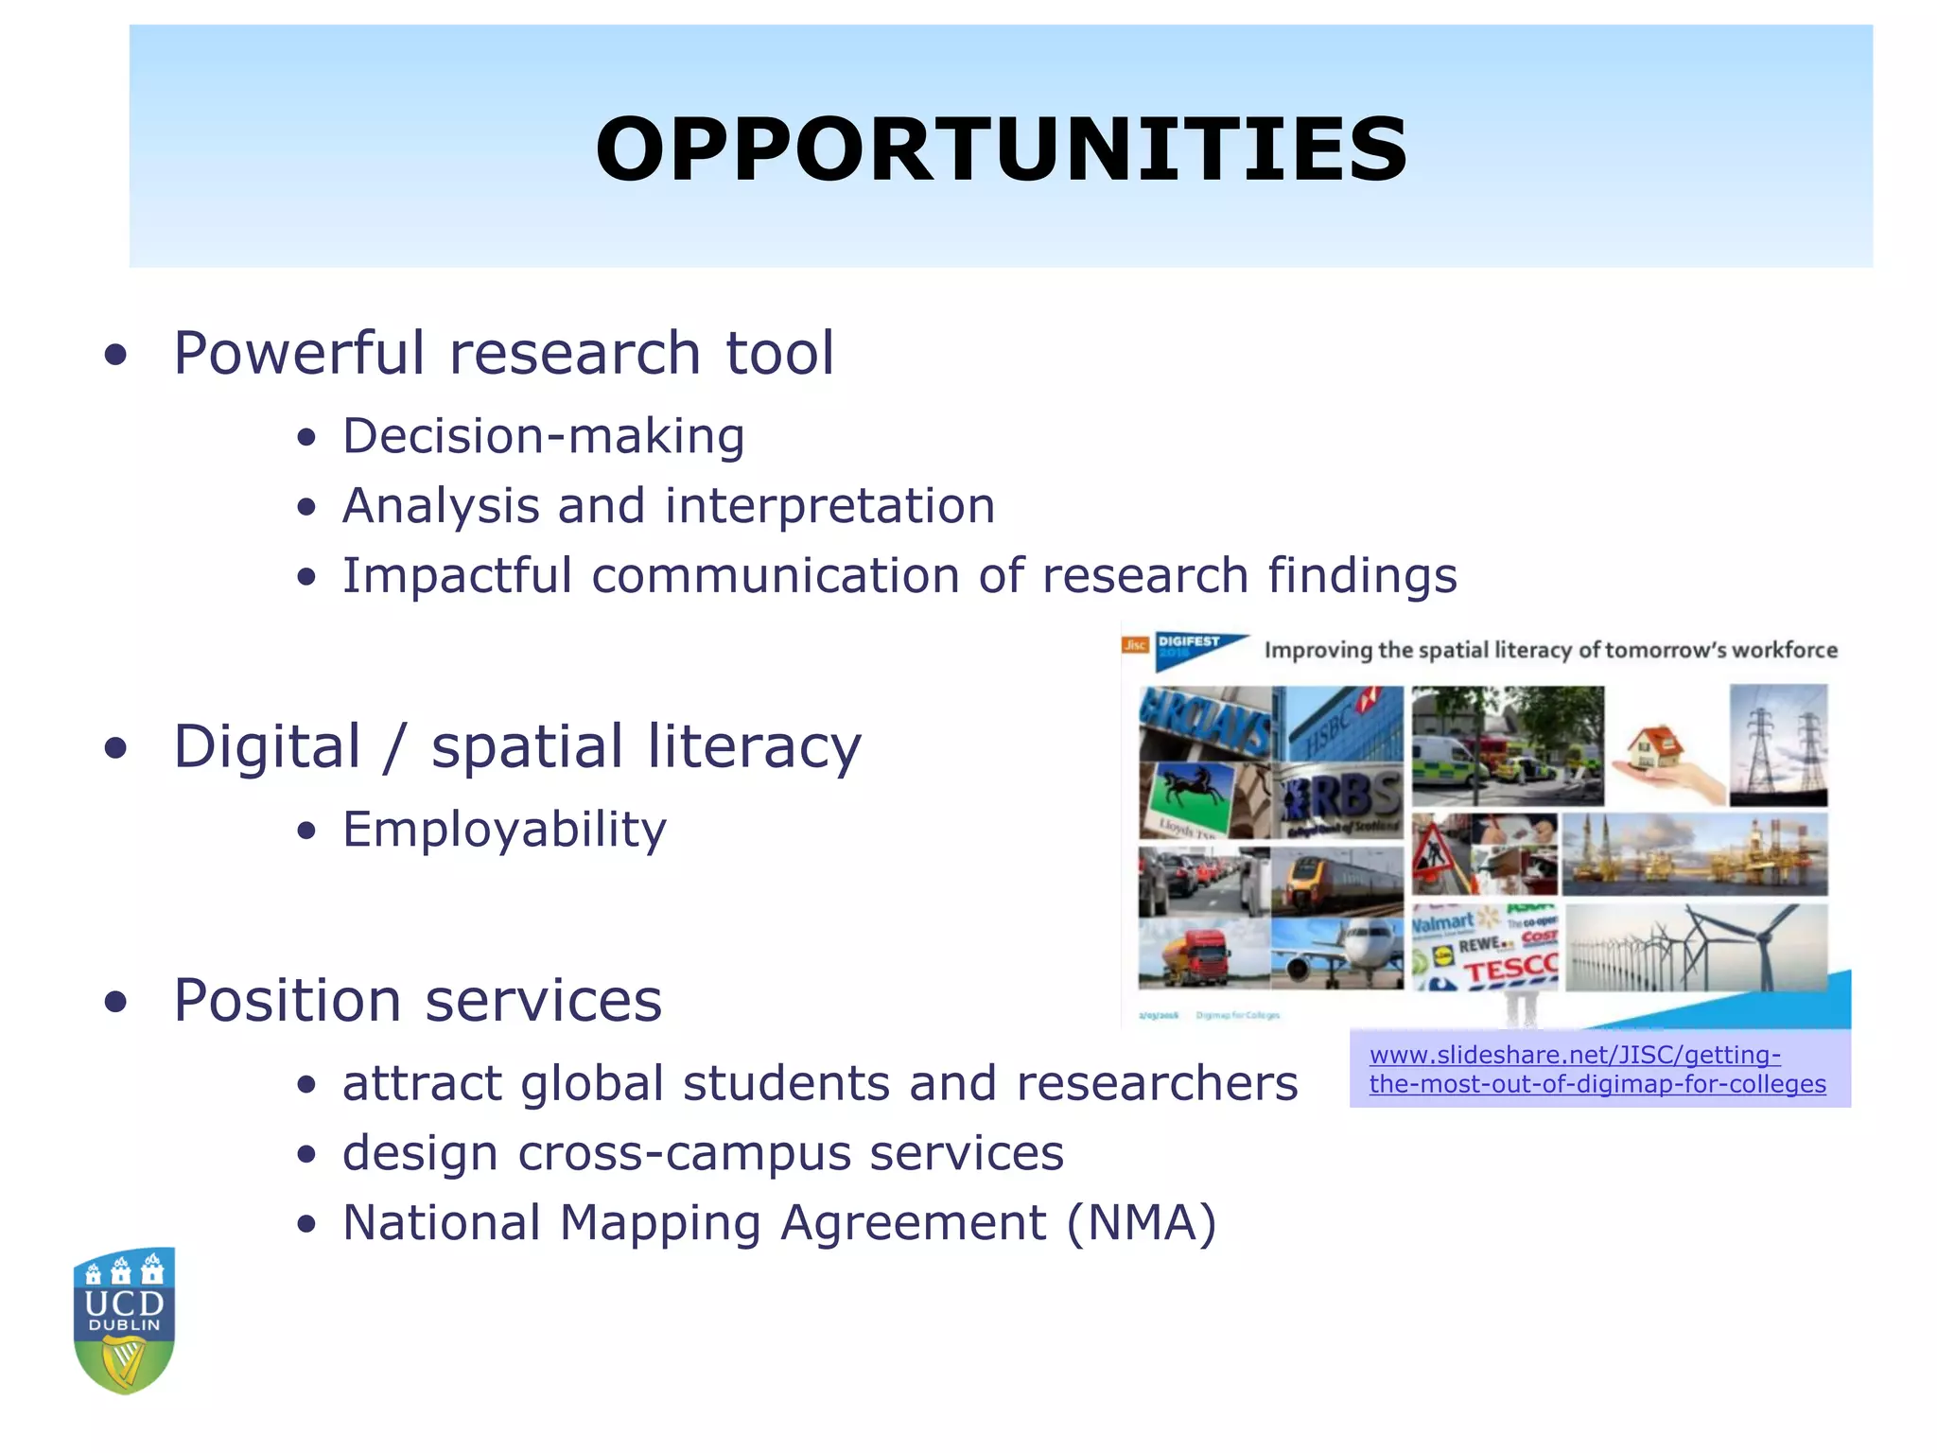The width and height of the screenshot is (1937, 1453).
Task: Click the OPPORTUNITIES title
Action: click(x=1001, y=149)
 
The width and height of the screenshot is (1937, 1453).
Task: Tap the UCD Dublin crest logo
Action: click(x=124, y=1320)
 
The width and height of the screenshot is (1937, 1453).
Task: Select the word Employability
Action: click(x=504, y=830)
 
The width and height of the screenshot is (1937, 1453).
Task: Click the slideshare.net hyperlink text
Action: click(x=1597, y=1069)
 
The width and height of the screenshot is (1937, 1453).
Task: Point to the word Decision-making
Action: click(x=543, y=436)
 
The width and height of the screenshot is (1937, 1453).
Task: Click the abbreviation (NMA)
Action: click(x=1141, y=1222)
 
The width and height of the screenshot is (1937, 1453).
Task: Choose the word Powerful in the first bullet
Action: click(x=299, y=353)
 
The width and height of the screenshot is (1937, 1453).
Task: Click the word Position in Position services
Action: click(x=288, y=1000)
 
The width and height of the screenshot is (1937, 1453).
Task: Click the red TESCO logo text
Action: click(x=1510, y=970)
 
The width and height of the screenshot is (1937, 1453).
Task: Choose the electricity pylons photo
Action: click(x=1778, y=745)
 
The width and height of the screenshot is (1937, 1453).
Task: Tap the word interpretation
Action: click(x=829, y=506)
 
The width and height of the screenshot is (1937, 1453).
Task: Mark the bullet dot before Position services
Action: click(x=115, y=1002)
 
